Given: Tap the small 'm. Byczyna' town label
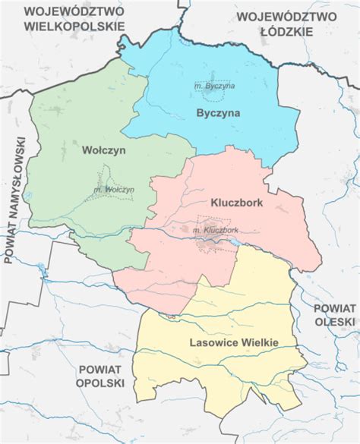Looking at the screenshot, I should (214, 86).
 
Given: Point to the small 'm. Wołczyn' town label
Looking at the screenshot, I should (115, 189).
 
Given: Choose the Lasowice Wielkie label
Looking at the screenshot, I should (234, 342).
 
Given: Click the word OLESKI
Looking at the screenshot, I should (335, 322).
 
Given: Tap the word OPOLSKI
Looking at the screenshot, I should (99, 383).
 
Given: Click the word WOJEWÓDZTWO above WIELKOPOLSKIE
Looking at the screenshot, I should (73, 11).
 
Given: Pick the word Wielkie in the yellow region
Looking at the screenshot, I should (257, 342).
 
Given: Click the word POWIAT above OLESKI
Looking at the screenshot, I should (334, 307).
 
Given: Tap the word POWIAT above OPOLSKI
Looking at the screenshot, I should (100, 369).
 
